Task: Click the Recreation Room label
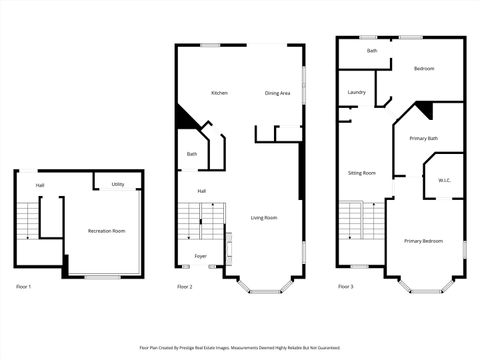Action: (107, 231)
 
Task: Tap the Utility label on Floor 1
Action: (118, 184)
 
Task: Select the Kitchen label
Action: (219, 93)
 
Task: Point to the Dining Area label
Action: (277, 93)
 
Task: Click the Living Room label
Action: (263, 217)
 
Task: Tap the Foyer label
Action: (201, 256)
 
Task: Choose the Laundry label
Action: (356, 93)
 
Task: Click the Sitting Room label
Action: (361, 172)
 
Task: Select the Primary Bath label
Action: (424, 138)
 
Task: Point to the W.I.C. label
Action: (444, 180)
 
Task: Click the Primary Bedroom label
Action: (423, 241)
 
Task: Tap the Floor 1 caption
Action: (24, 287)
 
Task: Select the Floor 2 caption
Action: (185, 287)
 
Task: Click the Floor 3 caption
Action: (345, 287)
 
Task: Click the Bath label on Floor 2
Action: (191, 154)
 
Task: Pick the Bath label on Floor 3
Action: (372, 50)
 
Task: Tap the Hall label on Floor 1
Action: (40, 185)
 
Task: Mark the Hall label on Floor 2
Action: (201, 190)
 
